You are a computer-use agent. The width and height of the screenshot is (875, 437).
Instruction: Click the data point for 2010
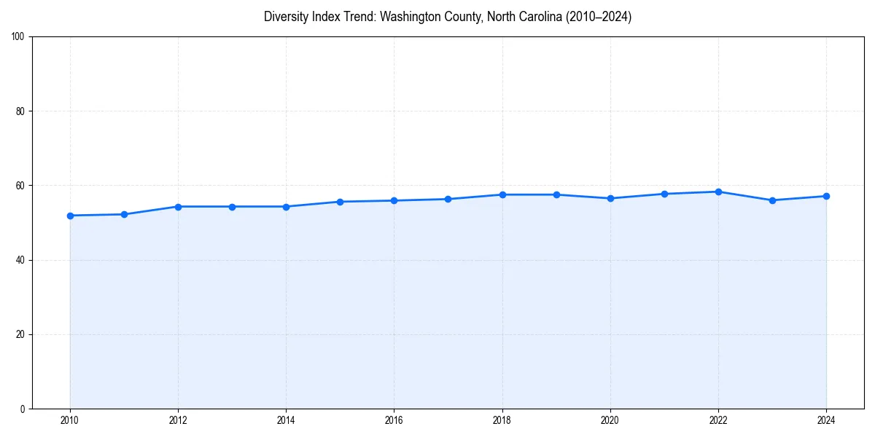pos(70,216)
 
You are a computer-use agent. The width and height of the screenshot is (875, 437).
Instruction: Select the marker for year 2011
pos(124,214)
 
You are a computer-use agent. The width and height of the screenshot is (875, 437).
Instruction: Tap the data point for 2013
pos(232,207)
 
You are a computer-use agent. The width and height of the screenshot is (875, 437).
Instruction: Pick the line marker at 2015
pos(340,202)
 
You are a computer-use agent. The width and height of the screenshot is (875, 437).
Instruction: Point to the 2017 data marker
pos(448,199)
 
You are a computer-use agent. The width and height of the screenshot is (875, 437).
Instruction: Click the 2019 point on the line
pos(556,194)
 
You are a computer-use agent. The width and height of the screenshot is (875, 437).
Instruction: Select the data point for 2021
pos(664,194)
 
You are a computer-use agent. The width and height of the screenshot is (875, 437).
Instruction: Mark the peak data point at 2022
pos(718,192)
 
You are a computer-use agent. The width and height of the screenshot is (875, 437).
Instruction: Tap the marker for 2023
pos(772,200)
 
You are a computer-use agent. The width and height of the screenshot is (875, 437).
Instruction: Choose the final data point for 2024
pos(826,196)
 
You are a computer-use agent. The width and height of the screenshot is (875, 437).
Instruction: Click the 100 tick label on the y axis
pos(19,37)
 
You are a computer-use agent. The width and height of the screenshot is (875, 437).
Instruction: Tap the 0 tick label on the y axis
pos(23,409)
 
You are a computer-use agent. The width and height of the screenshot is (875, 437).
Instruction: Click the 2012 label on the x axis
pos(178,420)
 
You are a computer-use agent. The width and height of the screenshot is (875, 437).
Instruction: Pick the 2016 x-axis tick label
pos(394,420)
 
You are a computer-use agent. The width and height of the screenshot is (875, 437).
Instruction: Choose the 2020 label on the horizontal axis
pos(610,420)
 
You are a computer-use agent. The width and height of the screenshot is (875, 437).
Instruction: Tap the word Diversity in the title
pos(285,17)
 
